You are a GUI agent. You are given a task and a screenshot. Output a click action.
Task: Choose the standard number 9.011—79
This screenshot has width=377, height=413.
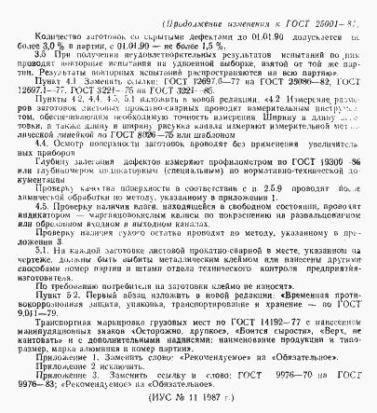tap(43, 337)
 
